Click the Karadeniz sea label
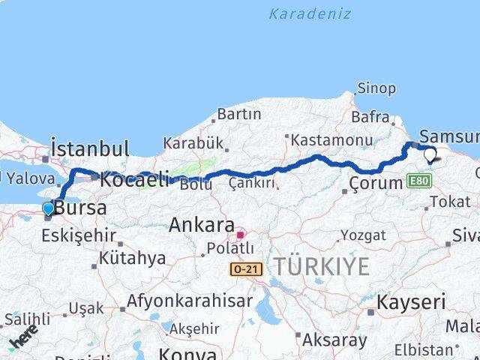point(310,13)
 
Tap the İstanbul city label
point(90,148)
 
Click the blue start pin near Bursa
point(48,208)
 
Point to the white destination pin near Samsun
point(430,156)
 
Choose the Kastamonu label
point(331,139)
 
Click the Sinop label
point(376,88)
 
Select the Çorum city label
point(376,183)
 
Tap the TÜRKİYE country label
point(321,266)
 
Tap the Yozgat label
point(363,235)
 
